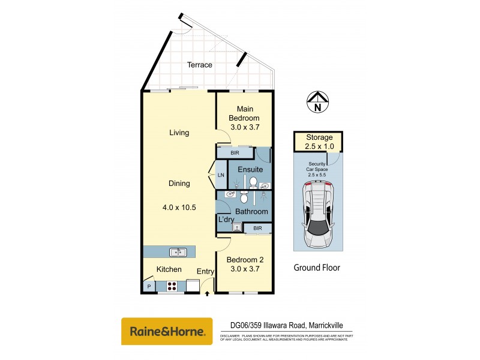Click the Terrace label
click(199, 65)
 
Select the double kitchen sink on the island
click(178, 252)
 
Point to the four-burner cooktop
click(175, 286)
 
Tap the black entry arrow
click(208, 293)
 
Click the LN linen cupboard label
click(221, 175)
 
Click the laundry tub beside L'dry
click(237, 227)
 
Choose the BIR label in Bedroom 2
click(257, 228)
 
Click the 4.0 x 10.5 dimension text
click(179, 208)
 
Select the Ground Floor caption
click(317, 268)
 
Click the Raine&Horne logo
click(167, 331)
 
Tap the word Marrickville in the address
click(331, 326)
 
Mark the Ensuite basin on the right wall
click(265, 186)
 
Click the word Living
click(179, 133)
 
